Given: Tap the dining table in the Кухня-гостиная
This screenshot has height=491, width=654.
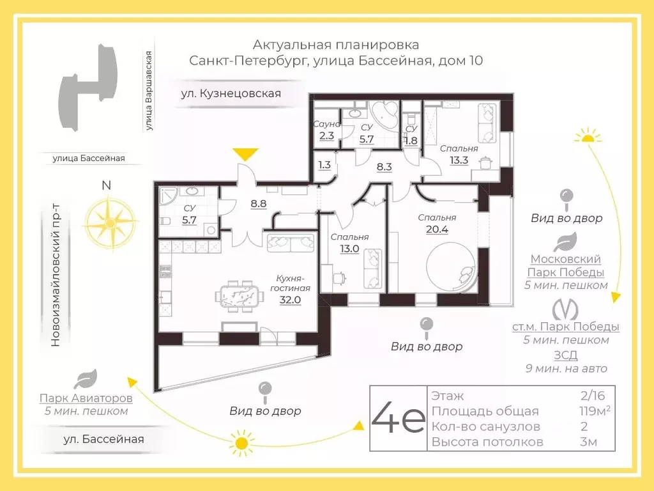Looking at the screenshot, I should [x=240, y=297].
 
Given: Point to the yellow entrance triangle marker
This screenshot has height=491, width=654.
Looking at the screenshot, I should [x=245, y=155].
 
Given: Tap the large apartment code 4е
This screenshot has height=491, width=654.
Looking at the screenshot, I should [x=397, y=418].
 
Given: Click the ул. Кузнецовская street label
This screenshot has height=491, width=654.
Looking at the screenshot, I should [x=231, y=93].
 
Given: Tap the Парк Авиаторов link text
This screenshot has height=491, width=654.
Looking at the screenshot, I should [x=86, y=398].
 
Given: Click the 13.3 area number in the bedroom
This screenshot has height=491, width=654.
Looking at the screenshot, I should [x=459, y=160].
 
